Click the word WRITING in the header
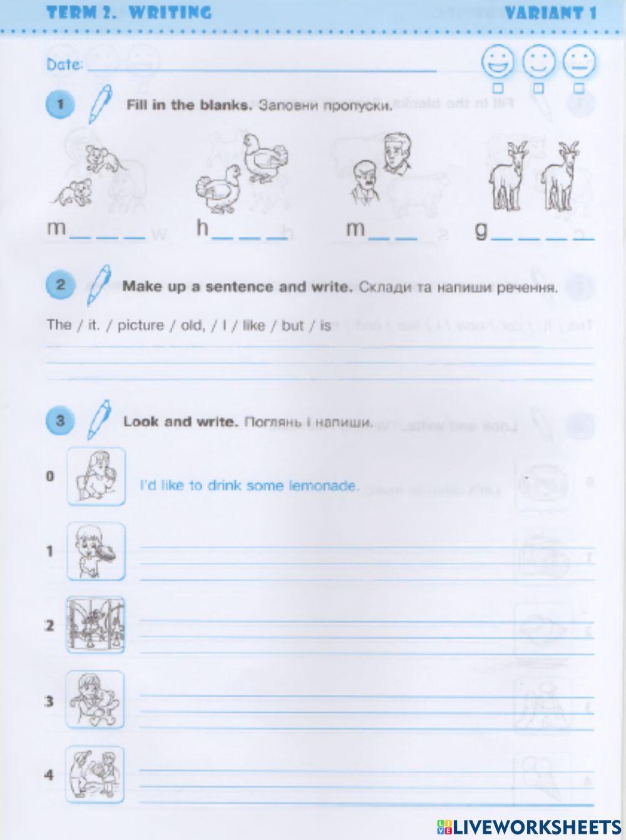point(170,13)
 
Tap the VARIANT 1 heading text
point(550,13)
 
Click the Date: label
point(64,64)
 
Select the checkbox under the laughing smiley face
point(498,88)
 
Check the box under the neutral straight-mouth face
point(579,88)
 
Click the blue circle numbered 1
point(60,104)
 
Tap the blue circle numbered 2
point(60,286)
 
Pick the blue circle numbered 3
point(60,421)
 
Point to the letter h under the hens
point(202,228)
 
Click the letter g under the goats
point(481,230)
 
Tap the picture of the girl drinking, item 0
point(96,476)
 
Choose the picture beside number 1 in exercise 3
point(96,551)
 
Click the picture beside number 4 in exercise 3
point(96,775)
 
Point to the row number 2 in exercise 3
point(49,625)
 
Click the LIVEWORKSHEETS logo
point(529,826)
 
